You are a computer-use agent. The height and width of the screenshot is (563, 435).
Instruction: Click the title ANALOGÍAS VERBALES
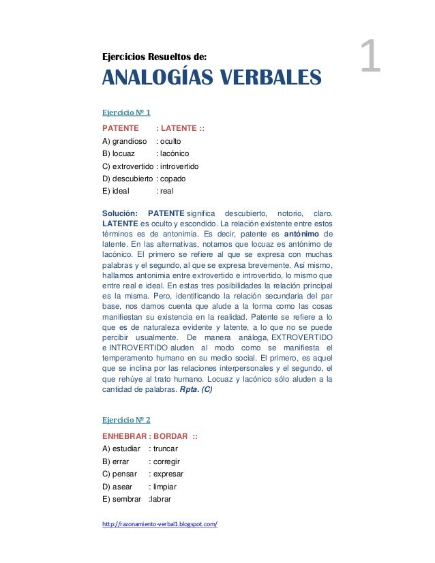(211, 79)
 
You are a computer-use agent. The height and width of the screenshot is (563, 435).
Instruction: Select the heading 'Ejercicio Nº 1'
(125, 112)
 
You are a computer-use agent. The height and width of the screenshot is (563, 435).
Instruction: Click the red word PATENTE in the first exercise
(121, 128)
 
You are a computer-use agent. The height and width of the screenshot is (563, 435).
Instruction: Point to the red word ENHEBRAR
(125, 436)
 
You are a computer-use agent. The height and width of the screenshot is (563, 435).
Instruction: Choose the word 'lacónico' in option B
(175, 153)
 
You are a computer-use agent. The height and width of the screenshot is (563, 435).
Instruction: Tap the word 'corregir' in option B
(166, 461)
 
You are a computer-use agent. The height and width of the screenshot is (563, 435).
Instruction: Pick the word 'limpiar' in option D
(164, 487)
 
